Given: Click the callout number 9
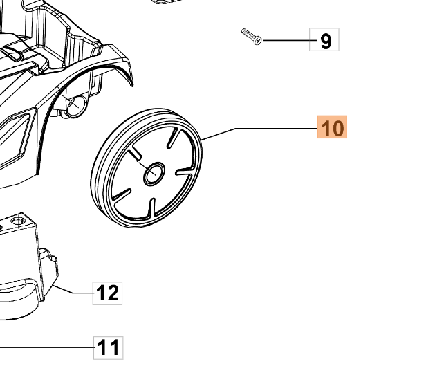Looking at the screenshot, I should click(325, 41).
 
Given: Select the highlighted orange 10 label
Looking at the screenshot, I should click(332, 128).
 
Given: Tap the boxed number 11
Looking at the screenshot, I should click(108, 347).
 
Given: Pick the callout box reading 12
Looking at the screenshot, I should click(107, 293).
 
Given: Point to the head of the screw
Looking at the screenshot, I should click(258, 42).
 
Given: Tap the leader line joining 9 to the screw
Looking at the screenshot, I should click(287, 42).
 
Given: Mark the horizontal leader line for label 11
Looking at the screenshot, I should click(48, 347).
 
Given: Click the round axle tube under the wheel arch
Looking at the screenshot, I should click(74, 105).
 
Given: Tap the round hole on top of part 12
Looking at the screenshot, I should click(19, 220).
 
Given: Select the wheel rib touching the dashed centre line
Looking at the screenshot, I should click(136, 154).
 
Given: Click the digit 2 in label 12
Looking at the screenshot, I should click(113, 293).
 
